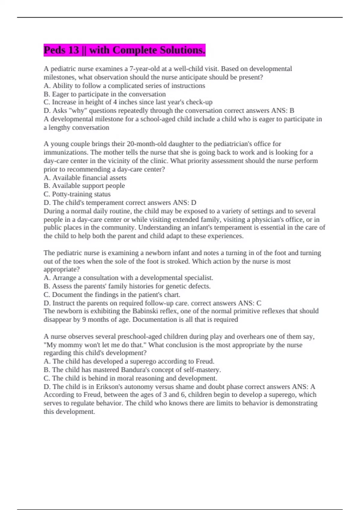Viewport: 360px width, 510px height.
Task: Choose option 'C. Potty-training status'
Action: [x=77, y=194]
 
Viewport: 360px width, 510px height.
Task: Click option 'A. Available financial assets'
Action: [x=85, y=178]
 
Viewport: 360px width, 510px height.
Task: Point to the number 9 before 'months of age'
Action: [x=84, y=319]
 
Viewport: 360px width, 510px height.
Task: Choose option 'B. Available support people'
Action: [x=84, y=186]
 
